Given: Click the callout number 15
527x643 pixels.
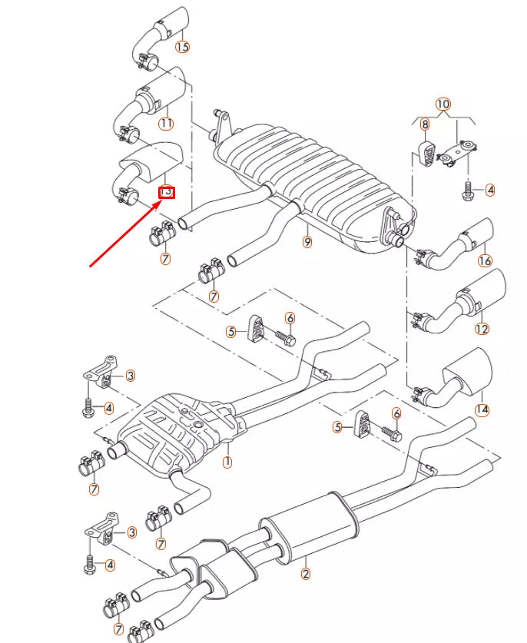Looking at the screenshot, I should pyautogui.click(x=181, y=48).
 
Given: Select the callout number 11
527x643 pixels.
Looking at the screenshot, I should pyautogui.click(x=166, y=123).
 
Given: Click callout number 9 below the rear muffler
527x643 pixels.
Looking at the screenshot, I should pyautogui.click(x=307, y=243).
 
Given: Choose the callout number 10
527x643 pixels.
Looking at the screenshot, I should pyautogui.click(x=442, y=104).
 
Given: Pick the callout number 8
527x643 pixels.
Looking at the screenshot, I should pyautogui.click(x=424, y=124).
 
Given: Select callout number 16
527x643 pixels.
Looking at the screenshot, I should pyautogui.click(x=484, y=261).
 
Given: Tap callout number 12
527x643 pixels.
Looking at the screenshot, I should pyautogui.click(x=482, y=330).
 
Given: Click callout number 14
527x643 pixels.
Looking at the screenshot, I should pyautogui.click(x=482, y=409).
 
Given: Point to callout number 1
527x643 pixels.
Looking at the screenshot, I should pyautogui.click(x=227, y=462).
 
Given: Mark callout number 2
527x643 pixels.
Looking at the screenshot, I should pyautogui.click(x=305, y=572).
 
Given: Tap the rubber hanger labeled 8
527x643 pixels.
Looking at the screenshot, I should pyautogui.click(x=424, y=151).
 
